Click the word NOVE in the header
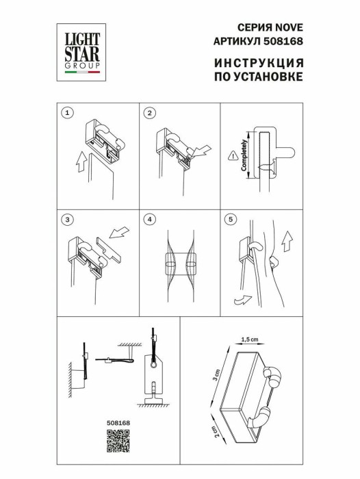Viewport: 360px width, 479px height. (x=287, y=28)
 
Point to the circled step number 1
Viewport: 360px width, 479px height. (x=66, y=112)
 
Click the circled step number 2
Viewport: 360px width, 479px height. (x=151, y=112)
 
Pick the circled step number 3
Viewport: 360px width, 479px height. (x=66, y=220)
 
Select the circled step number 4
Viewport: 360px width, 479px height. (x=151, y=220)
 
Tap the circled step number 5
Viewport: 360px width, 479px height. (x=231, y=220)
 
